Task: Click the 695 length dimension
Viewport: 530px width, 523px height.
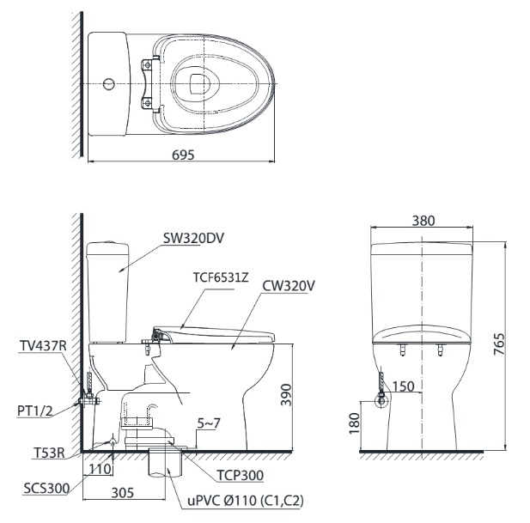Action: coord(182,155)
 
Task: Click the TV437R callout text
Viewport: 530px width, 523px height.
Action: coord(41,347)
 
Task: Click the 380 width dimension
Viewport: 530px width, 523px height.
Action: coord(423,220)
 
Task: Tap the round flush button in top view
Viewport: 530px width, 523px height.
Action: coord(108,84)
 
